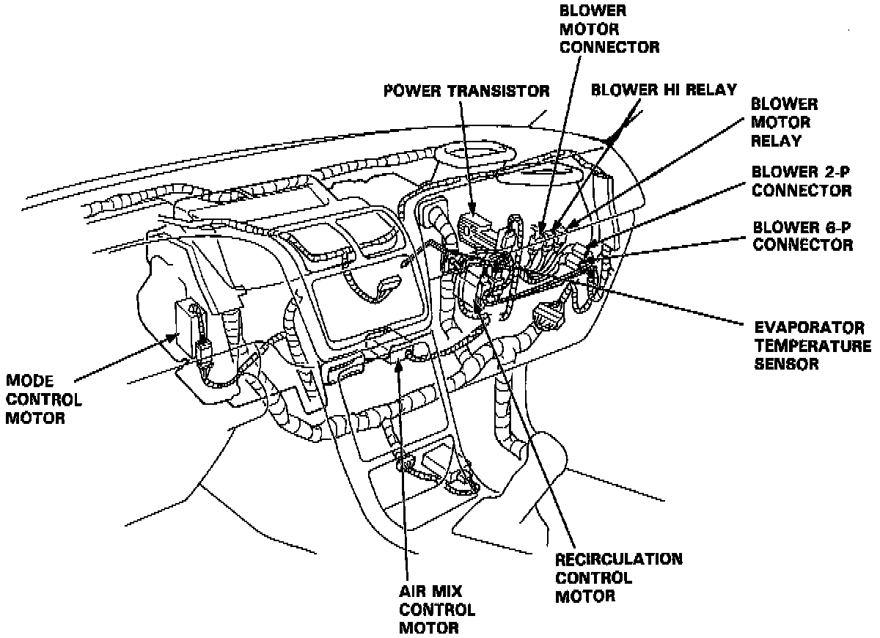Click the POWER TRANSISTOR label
(467, 92)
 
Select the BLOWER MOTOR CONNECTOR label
(609, 30)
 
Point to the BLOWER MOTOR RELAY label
(784, 122)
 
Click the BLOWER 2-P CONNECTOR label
(801, 180)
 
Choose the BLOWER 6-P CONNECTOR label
(802, 235)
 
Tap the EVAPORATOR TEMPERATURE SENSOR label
(810, 345)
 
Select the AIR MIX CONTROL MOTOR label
(437, 609)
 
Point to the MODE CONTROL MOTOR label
(44, 400)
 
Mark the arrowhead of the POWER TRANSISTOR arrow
(473, 213)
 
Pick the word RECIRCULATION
(619, 560)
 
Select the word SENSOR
(786, 363)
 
